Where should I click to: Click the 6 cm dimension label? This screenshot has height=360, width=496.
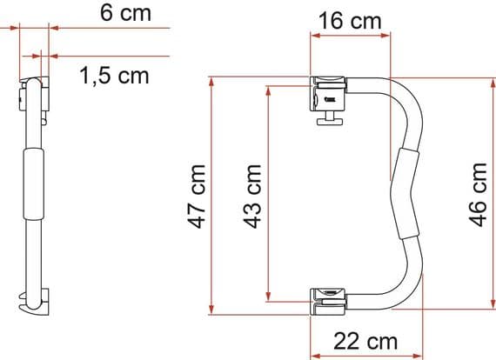point(117,13)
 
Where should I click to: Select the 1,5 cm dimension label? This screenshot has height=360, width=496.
point(114,76)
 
